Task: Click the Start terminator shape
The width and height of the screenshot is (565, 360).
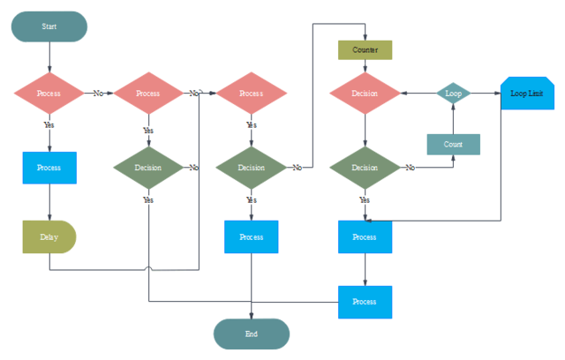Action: coord(49,26)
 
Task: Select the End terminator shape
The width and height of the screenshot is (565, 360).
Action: coord(252,334)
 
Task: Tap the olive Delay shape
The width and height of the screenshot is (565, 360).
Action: coord(49,237)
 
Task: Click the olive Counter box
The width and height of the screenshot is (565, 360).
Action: coord(365,50)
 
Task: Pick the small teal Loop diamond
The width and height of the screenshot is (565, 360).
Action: coord(454,93)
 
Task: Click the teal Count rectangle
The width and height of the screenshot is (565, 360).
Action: coord(453,144)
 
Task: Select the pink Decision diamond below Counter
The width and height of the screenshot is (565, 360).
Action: coord(365,93)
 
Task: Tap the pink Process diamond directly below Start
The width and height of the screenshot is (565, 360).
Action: coord(49,93)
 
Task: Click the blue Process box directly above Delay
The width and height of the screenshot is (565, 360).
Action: coord(49,168)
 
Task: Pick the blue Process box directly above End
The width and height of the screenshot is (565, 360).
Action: coord(252,237)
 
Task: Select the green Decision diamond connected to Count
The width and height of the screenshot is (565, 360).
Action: coord(365,167)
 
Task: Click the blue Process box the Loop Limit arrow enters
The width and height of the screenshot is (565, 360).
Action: coord(365,237)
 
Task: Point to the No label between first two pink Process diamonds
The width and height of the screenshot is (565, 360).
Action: coord(99,93)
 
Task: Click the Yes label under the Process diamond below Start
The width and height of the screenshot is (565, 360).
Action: coord(49,125)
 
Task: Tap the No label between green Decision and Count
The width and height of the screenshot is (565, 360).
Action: coord(411,167)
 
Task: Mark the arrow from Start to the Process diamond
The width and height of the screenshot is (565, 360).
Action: coord(49,56)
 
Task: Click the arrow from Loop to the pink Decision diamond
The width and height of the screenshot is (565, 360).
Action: coord(418,93)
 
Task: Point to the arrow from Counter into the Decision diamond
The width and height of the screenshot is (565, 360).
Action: coord(365,66)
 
